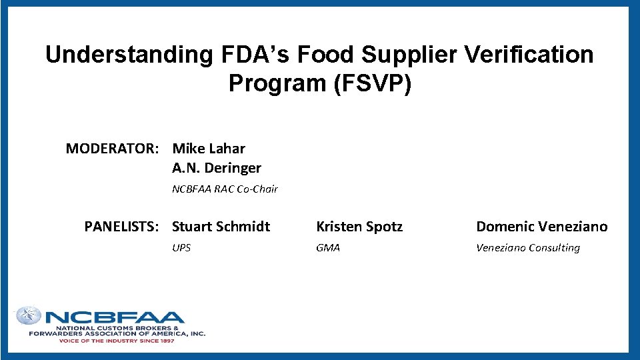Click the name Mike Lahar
point(209,149)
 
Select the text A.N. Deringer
point(217,168)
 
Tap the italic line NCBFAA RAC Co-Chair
point(225,189)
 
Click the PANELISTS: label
point(121,227)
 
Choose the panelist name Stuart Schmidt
point(221,227)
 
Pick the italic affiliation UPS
point(181,248)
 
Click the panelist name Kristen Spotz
point(359,227)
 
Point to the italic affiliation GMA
point(328,248)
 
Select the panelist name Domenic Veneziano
point(541,227)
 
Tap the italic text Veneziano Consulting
point(527,248)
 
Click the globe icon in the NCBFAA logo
point(29,315)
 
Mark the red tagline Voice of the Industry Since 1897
point(117,341)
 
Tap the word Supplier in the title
point(380,55)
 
